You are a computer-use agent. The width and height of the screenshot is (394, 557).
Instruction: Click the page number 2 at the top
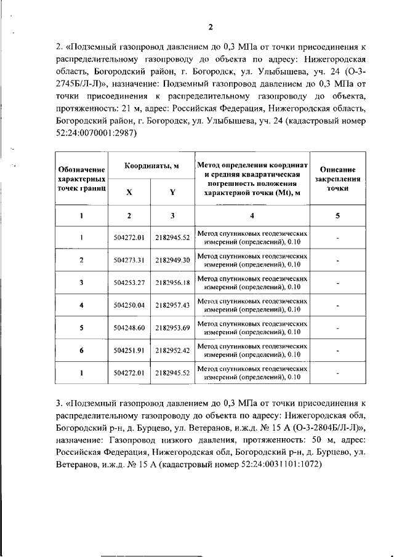[209, 26]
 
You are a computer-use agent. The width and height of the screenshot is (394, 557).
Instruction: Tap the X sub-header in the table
[129, 191]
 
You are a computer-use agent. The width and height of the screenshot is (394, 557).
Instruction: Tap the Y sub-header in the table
[172, 191]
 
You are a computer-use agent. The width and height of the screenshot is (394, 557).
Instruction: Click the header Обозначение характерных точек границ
[81, 179]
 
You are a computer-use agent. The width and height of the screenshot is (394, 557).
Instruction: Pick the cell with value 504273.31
[129, 260]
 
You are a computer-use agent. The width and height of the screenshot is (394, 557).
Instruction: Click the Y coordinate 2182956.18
[172, 283]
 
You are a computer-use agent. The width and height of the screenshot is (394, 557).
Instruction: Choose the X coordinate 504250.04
[129, 305]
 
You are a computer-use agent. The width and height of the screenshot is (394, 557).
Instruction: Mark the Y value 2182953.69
[172, 328]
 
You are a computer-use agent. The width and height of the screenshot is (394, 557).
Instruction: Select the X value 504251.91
[129, 351]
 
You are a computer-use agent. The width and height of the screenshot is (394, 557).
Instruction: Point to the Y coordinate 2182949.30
[172, 260]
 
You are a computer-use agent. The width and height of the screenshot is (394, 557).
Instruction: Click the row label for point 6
[81, 351]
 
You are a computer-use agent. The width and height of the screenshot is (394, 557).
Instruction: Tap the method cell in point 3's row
[252, 283]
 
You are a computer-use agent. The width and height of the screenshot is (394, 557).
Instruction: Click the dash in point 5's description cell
[338, 328]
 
